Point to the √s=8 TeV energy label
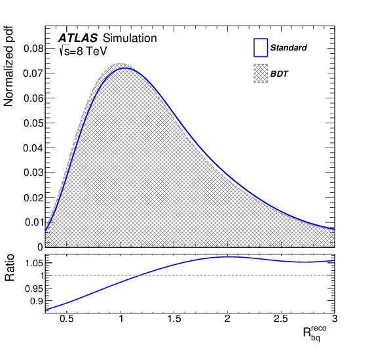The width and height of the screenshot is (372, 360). click(83, 50)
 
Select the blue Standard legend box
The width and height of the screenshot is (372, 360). click(261, 47)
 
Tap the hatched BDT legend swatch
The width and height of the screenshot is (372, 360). click(261, 73)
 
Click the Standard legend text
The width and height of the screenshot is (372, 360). click(288, 48)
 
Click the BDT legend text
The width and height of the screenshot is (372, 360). click(280, 74)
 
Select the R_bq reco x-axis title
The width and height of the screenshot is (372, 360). click(314, 332)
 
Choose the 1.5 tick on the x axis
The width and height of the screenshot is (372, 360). click(174, 319)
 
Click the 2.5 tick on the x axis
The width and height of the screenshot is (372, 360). click(281, 319)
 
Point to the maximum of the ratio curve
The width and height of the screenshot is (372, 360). click(227, 256)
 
